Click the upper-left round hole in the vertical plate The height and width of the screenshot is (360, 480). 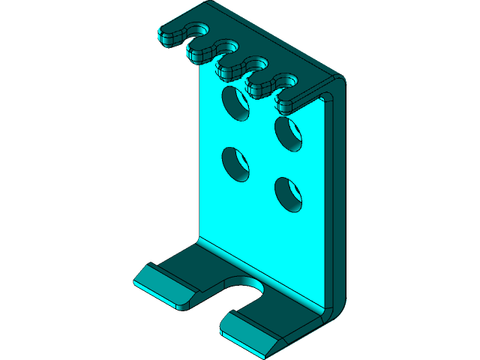236,103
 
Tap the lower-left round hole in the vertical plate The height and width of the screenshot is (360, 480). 236,163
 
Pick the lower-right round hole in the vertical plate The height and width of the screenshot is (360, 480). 289,193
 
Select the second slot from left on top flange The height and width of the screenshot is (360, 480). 229,48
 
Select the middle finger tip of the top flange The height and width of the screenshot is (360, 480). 231,68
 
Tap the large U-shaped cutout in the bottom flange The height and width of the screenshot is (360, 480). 244,291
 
